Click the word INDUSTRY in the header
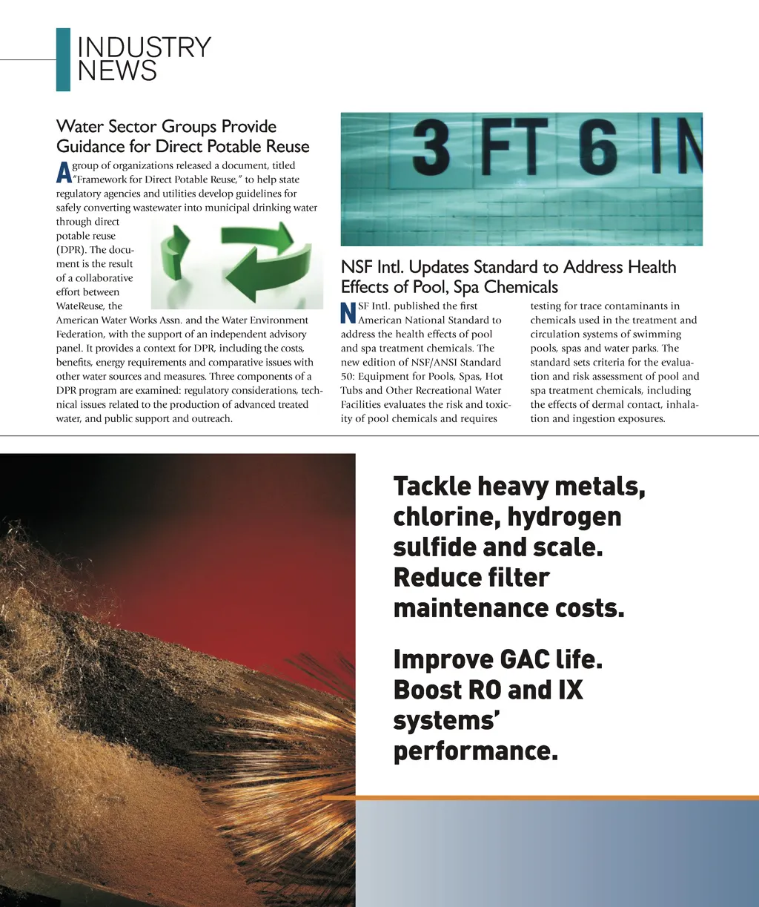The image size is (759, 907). (x=144, y=48)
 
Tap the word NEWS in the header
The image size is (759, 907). (x=117, y=71)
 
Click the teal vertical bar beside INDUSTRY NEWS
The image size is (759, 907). (x=63, y=59)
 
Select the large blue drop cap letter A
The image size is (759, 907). (x=63, y=173)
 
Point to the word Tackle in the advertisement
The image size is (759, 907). (x=432, y=487)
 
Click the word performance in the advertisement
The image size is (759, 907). (x=474, y=751)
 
